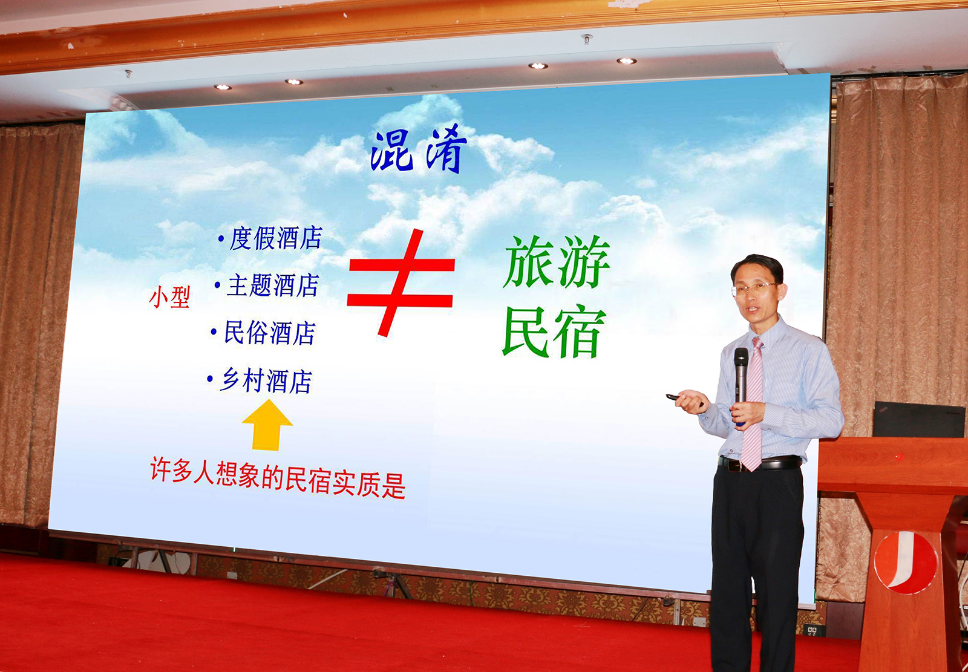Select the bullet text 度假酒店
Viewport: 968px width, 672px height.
(276, 238)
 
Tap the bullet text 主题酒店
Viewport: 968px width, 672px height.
(273, 285)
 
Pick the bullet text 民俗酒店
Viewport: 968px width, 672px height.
(270, 333)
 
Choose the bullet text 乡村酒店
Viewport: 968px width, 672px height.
(266, 380)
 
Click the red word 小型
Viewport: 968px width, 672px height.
(169, 298)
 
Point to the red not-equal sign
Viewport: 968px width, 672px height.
(401, 282)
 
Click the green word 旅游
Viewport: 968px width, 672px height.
(557, 262)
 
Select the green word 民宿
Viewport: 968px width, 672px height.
(554, 331)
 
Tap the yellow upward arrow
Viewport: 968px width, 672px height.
(267, 425)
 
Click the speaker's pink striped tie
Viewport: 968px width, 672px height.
(753, 404)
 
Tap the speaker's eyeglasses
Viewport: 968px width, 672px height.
(754, 289)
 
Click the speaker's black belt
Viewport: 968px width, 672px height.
(760, 463)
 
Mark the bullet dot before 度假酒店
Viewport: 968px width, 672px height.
(221, 238)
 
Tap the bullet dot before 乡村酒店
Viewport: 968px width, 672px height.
(210, 379)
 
